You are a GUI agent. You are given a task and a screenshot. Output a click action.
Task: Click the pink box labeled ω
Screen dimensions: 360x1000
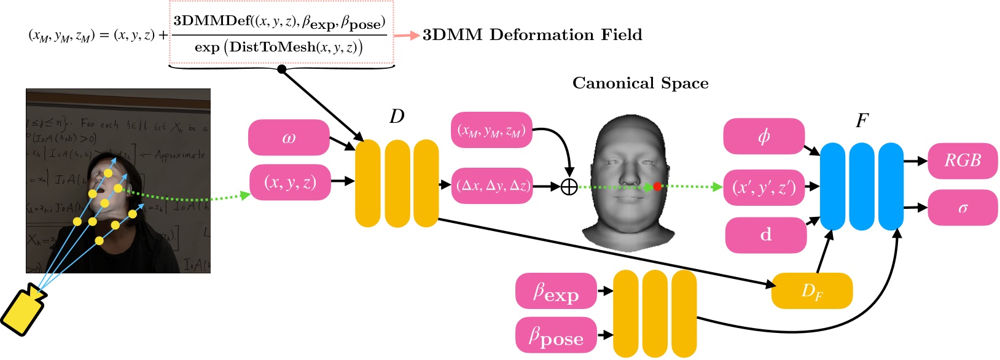[x=289, y=138]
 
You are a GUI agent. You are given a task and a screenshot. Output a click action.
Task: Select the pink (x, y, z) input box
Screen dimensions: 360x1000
[x=290, y=182]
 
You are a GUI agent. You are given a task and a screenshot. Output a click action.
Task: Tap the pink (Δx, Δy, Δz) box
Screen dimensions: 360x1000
[x=492, y=186]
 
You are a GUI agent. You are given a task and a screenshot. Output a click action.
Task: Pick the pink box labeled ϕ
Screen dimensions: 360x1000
[x=764, y=136]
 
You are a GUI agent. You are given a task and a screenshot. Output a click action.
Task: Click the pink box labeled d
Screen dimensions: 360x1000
[x=765, y=235]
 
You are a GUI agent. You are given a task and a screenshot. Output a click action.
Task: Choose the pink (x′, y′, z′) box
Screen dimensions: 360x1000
[x=764, y=187]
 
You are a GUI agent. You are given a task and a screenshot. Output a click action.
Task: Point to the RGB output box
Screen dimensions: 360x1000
[x=963, y=161]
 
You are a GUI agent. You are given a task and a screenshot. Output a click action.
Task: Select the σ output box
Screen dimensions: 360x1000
[x=963, y=208]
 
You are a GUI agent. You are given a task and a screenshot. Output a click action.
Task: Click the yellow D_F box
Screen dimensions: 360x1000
[x=811, y=291]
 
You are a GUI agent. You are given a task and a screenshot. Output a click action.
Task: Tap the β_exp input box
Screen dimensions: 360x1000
[x=556, y=291]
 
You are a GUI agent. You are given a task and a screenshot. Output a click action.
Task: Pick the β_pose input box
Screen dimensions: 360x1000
[x=556, y=335]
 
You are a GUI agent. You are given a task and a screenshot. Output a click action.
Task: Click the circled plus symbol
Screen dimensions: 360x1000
[x=569, y=186]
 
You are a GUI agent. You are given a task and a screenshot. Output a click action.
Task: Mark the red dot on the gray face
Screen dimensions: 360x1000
[x=657, y=186]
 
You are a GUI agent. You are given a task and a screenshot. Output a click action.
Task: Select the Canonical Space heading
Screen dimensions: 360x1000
[x=640, y=84]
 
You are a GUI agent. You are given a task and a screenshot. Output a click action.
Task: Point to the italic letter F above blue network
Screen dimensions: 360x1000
[x=862, y=121]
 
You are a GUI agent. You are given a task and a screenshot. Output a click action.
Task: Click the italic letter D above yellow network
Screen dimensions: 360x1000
[x=397, y=116]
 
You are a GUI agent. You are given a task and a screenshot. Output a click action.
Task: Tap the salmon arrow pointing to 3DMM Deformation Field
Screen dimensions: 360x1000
[x=406, y=35]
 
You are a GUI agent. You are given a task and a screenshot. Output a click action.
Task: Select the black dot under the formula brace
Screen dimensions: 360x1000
[x=282, y=69]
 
